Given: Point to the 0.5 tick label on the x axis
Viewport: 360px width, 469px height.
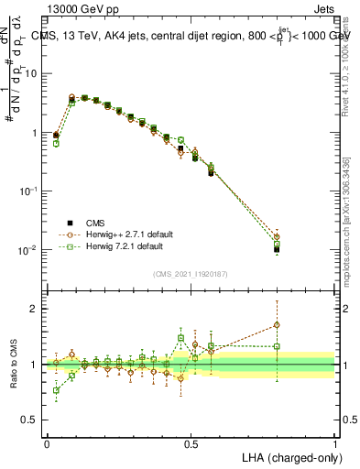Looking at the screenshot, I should point(191,443).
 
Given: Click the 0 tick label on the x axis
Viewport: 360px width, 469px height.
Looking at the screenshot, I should point(47,443).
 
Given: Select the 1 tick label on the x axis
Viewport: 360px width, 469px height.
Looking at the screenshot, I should point(335,443).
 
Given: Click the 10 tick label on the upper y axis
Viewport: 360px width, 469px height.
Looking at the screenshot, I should point(34,73).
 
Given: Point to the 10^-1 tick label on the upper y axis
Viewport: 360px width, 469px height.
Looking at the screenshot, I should point(31,191).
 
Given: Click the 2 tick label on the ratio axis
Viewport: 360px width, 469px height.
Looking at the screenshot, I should point(38,309).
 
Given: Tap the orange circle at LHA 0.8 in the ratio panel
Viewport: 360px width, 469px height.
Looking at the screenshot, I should point(277,324).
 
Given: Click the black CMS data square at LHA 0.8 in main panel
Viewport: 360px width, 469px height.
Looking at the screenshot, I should point(277,249).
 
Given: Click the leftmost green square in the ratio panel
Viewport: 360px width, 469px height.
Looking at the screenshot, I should point(56,390).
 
